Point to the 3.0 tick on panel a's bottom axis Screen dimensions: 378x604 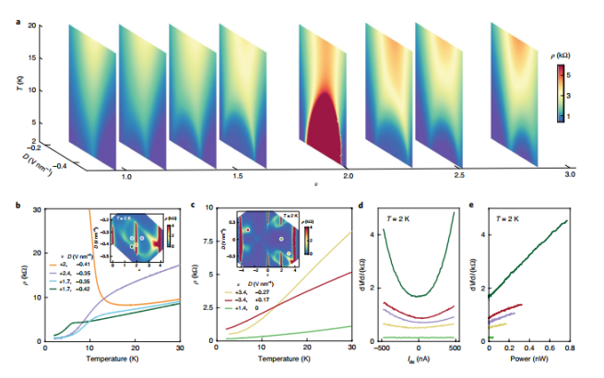pos(569,173)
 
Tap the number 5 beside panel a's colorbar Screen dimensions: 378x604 pos(588,73)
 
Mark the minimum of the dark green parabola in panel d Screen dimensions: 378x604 pos(419,296)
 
